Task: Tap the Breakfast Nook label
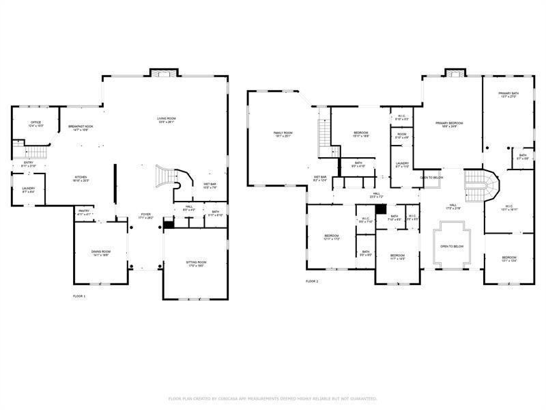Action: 80,128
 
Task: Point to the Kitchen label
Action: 81,180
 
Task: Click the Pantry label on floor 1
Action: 83,212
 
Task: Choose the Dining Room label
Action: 101,253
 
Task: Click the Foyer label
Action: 145,216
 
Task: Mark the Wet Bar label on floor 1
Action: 209,185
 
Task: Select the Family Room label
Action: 283,134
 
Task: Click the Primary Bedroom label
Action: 450,124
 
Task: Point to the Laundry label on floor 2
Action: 402,165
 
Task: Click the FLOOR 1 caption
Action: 79,296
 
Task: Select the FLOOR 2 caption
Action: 312,281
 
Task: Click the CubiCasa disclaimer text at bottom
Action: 273,398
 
